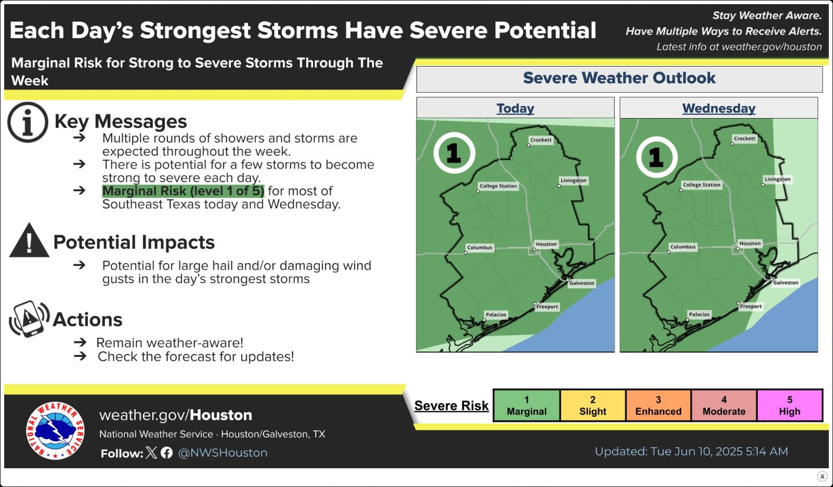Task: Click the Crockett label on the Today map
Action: (x=541, y=140)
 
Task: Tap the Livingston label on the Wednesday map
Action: (x=777, y=179)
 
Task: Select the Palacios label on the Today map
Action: (x=496, y=314)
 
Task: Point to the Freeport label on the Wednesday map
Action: (x=750, y=306)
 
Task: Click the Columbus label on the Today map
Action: (x=479, y=248)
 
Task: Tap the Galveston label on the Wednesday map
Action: (x=785, y=283)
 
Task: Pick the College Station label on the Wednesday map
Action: (x=701, y=185)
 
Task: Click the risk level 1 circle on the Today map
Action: (x=454, y=153)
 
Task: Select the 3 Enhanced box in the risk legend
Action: (x=658, y=405)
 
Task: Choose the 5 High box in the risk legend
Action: (x=789, y=405)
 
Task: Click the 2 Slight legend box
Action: (x=593, y=405)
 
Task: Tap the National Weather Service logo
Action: (x=55, y=431)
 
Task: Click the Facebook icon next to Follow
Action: (x=166, y=453)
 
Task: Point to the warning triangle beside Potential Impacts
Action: (x=29, y=240)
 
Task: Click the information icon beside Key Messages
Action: (x=28, y=122)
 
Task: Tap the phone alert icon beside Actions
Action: (x=29, y=319)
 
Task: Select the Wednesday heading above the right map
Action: (x=719, y=108)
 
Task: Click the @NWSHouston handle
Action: (x=223, y=453)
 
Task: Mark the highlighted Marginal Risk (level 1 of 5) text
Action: (x=183, y=191)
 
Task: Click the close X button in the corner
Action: (x=822, y=476)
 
